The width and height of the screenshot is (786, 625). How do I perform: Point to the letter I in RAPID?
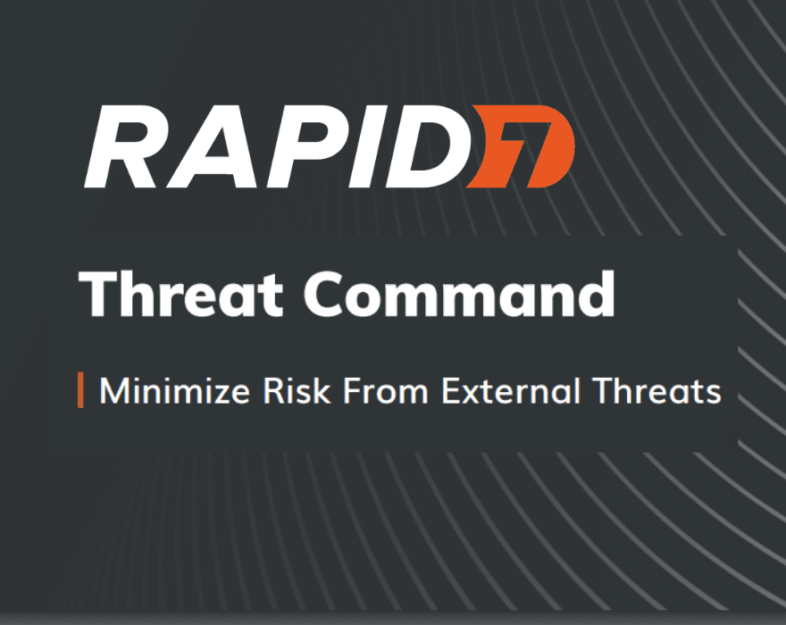(x=381, y=146)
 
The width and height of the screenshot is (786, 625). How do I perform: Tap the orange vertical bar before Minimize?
(x=80, y=391)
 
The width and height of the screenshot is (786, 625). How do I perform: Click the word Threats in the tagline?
(x=662, y=391)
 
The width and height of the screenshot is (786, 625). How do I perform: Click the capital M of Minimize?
(x=113, y=391)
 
